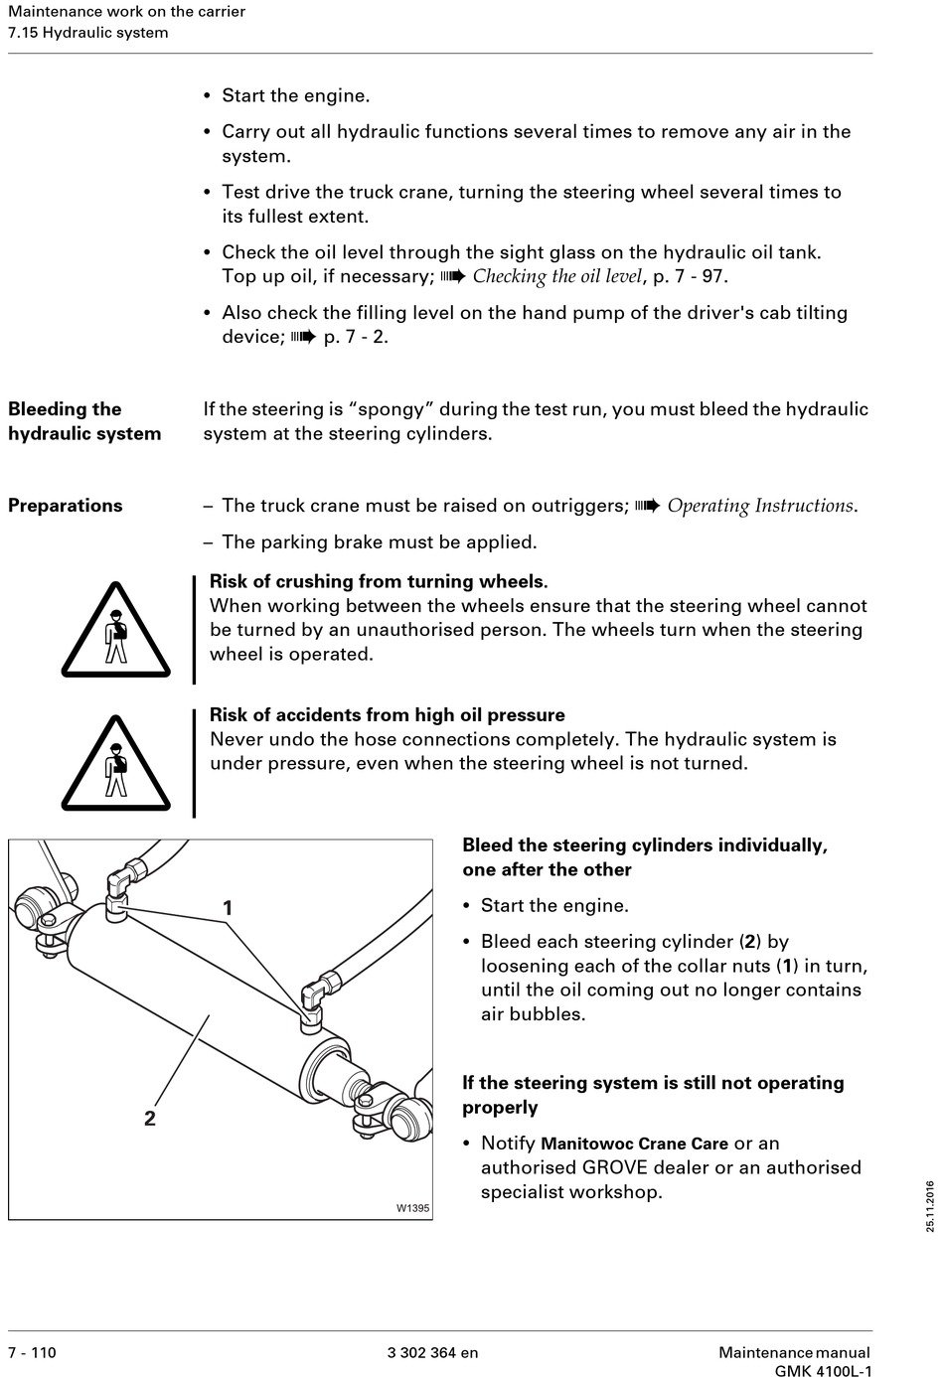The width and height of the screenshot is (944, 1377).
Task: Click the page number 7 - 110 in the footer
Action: pos(33,1352)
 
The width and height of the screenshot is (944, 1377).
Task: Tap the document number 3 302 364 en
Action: pos(432,1352)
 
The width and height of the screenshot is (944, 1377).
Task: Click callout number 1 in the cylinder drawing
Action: pos(228,908)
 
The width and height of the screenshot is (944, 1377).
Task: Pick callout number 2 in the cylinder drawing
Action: pos(150,1118)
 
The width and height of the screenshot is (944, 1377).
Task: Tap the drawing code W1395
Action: pos(412,1208)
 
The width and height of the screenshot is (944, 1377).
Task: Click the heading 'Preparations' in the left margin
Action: pos(66,506)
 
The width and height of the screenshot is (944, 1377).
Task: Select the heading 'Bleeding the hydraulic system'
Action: pos(84,421)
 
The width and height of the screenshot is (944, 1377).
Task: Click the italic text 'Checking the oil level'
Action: pos(556,276)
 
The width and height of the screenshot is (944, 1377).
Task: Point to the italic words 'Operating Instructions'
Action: pos(760,506)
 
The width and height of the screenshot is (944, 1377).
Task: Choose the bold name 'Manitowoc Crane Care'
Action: pos(634,1144)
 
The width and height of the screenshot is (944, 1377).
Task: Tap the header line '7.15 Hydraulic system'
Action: pos(88,33)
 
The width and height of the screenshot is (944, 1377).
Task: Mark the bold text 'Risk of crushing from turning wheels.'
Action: pos(379,581)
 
